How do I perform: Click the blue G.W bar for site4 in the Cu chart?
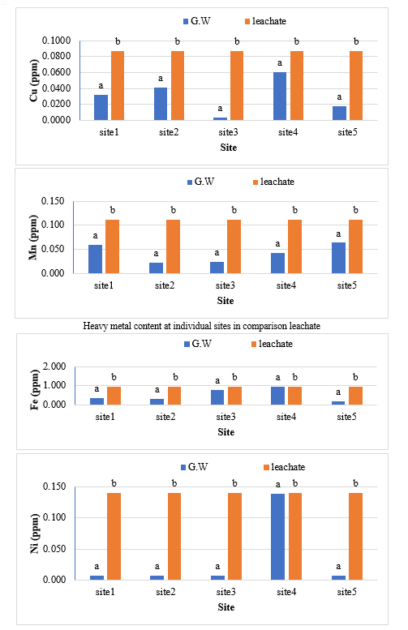coord(280,96)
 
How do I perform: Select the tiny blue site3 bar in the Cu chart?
coord(220,118)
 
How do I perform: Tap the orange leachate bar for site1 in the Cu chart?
coord(118,86)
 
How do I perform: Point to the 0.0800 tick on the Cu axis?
coord(56,56)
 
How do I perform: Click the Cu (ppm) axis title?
coord(34,80)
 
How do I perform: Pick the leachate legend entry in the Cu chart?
coord(266,21)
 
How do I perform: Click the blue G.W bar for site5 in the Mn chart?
coord(338,258)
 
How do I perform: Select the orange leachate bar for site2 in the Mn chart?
coord(174,246)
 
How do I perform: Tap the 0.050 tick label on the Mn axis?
coord(53,249)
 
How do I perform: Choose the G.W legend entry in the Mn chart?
coord(200,182)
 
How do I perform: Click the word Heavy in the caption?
coord(94,326)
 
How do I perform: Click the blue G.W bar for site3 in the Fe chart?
coord(217,397)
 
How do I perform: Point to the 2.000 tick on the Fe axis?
coord(54,366)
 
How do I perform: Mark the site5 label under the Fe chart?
coord(346,417)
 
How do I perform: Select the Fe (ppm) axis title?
coord(35,390)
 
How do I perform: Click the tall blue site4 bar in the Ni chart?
coord(277,537)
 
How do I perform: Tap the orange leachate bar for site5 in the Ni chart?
coord(355,536)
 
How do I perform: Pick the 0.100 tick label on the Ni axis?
coord(54,517)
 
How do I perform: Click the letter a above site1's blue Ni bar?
coord(97,567)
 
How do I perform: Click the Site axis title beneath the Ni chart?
coord(226,607)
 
